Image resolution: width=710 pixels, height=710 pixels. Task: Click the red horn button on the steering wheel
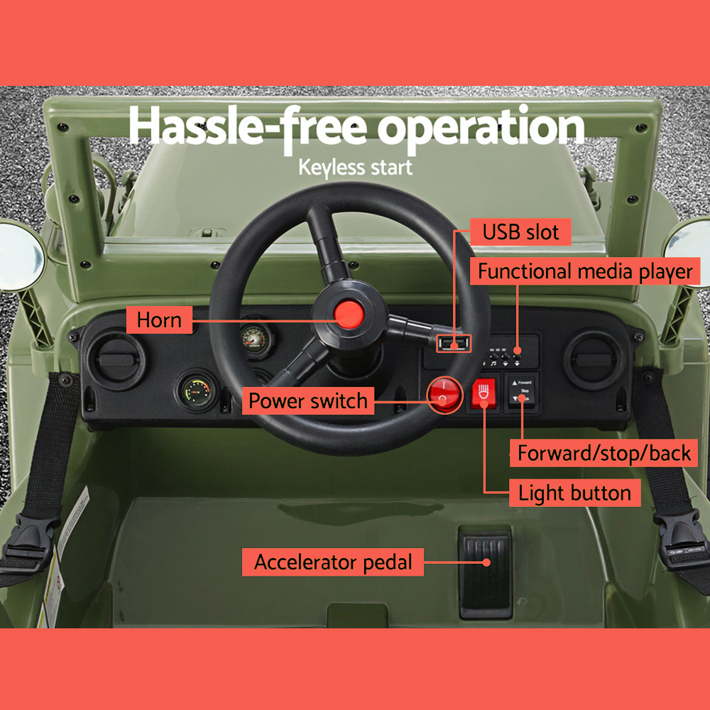348,313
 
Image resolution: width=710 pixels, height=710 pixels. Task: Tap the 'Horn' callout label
159,319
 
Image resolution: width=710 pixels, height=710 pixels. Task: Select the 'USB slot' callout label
520,232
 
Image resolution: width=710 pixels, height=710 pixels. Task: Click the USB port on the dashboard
453,344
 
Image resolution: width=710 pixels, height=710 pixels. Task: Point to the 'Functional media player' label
584,271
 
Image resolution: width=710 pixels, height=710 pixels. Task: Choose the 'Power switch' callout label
308,400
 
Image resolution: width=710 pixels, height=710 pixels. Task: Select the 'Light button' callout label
574,493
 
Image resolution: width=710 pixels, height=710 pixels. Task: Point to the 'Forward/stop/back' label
604,453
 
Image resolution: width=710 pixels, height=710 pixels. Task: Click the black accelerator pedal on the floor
485,572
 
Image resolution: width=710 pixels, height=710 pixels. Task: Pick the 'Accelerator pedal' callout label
333,562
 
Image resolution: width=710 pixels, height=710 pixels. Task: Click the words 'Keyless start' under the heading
355,168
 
